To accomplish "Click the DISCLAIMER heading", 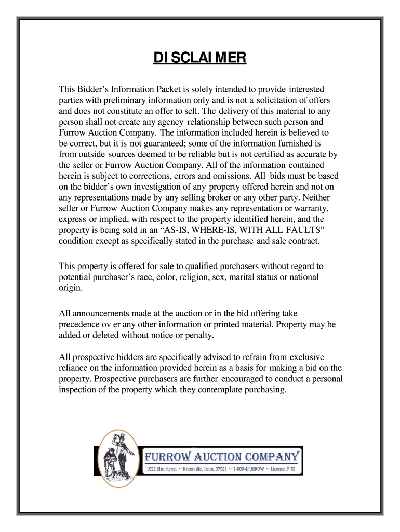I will click(200, 57).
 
